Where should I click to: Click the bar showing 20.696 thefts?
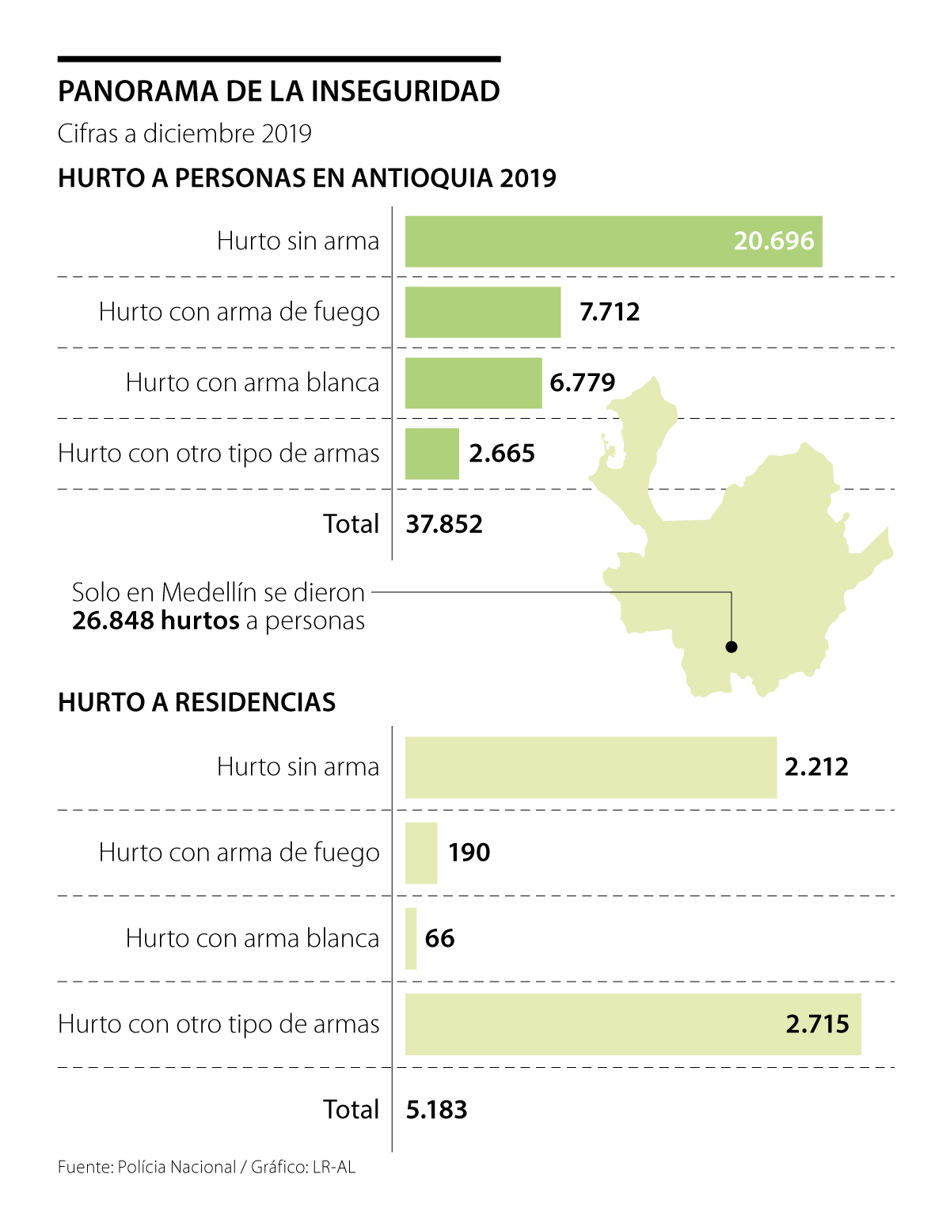coord(614,241)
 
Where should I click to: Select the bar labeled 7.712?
coord(483,312)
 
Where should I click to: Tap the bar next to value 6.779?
coord(473,383)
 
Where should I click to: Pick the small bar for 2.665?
coord(431,454)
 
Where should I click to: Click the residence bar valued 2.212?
coord(591,767)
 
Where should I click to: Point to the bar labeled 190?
coord(421,853)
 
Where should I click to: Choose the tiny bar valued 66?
coord(411,939)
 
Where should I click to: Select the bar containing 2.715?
coord(633,1024)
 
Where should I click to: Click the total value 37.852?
coord(444,524)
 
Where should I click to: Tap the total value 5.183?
coord(436,1110)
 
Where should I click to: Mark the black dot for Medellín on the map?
coord(731,647)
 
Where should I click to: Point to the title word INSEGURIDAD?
coord(405,92)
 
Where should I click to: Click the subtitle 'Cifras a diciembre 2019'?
coord(184,134)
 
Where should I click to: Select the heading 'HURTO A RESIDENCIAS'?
coord(197,702)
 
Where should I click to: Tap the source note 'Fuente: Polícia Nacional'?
coord(147,1167)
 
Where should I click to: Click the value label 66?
coord(439,939)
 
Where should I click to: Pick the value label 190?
coord(469,853)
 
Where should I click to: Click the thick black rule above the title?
coord(279,59)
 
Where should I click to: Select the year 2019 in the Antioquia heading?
coord(527,178)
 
